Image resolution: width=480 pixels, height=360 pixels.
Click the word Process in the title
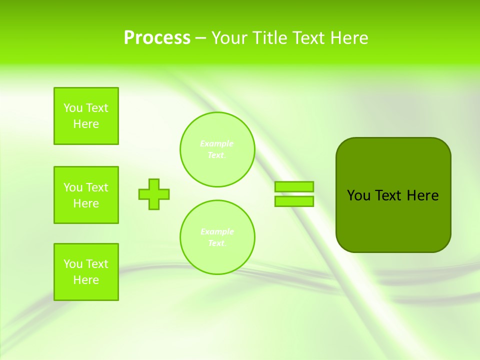157,38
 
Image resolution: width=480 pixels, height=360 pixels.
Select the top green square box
86,116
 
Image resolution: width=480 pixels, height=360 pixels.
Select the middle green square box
86,195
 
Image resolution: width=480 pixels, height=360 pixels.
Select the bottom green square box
86,272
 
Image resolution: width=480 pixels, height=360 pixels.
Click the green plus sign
154,194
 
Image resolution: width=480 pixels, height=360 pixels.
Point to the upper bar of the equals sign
294,186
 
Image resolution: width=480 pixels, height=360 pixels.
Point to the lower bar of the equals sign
294,201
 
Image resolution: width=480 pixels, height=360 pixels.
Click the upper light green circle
217,149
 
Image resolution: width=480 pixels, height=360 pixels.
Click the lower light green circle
217,237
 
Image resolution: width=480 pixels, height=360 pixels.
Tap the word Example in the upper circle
216,143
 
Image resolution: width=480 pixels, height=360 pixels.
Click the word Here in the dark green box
422,195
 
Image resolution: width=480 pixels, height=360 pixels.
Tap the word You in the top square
73,108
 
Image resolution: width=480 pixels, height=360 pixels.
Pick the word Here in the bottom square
86,280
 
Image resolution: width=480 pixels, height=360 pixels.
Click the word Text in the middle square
97,187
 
